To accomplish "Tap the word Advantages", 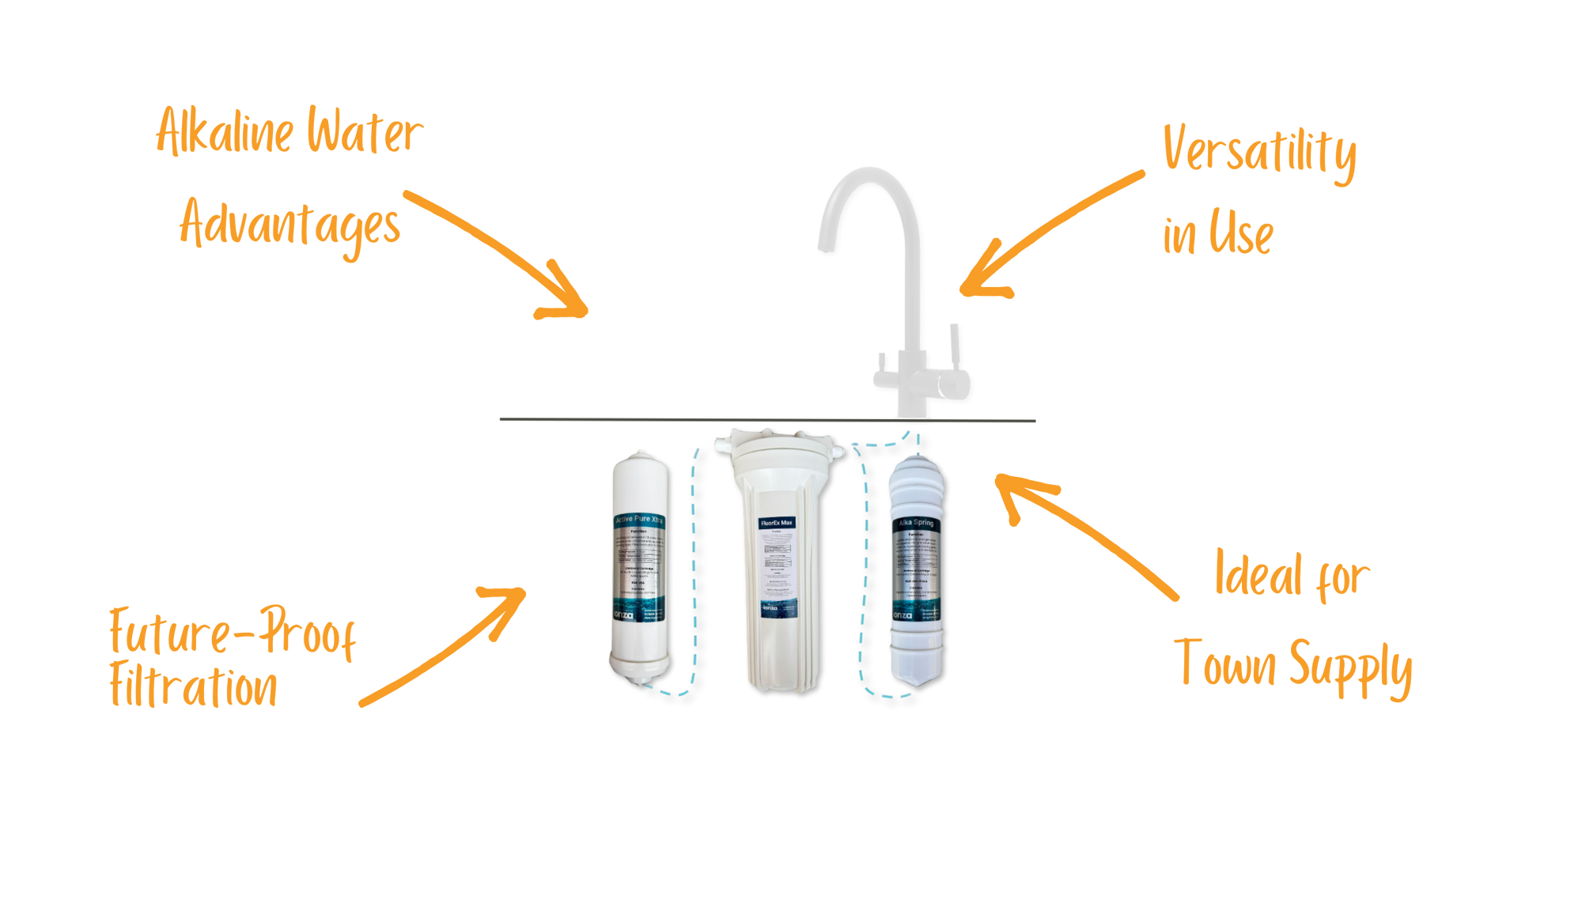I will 290,225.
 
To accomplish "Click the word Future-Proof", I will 233,633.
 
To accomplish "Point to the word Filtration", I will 194,688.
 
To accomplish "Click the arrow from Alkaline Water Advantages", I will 506,253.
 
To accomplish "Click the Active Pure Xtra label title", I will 640,520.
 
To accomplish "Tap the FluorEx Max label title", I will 776,523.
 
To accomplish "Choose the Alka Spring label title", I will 915,523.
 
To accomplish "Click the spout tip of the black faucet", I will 823,248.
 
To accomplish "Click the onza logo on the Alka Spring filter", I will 902,615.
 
